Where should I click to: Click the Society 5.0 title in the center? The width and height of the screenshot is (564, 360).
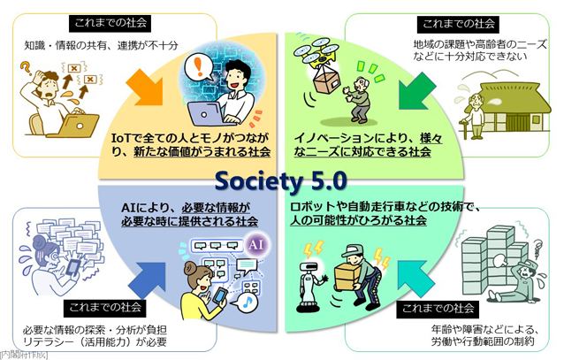point(281,181)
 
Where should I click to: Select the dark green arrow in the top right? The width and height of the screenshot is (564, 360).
point(417,91)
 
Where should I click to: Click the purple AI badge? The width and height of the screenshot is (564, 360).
point(256,245)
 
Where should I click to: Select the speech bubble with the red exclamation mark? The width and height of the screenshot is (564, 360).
point(198,67)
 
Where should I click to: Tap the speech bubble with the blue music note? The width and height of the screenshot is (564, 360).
point(245,303)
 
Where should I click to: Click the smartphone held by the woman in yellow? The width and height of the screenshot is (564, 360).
point(220,295)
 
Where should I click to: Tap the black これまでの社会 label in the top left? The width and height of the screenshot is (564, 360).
point(111,23)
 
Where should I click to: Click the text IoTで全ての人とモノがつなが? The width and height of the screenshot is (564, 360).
point(190,138)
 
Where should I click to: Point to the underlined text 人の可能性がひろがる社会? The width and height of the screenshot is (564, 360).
point(358,220)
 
